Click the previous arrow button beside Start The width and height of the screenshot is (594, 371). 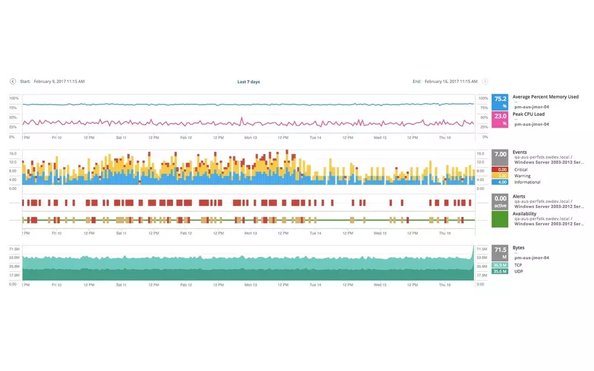click(13, 82)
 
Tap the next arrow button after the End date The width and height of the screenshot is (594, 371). click(485, 82)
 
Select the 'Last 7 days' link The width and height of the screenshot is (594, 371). click(248, 82)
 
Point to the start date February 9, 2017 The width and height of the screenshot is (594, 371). click(59, 82)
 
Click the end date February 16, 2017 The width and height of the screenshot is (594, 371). click(450, 82)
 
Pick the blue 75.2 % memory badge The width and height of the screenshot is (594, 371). click(500, 102)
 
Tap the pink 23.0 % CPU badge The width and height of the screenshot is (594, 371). click(500, 119)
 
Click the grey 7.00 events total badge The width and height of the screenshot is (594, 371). click(500, 158)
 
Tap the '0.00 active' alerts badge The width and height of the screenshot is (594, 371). click(500, 202)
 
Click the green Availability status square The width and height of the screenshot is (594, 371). click(500, 220)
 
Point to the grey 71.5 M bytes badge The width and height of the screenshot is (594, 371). click(500, 253)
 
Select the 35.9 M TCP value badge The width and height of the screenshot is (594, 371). click(500, 265)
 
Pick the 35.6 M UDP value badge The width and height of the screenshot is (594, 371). click(500, 271)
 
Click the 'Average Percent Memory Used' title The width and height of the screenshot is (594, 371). click(545, 97)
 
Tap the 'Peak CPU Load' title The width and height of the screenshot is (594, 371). click(528, 114)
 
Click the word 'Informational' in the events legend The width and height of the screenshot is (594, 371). click(527, 182)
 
